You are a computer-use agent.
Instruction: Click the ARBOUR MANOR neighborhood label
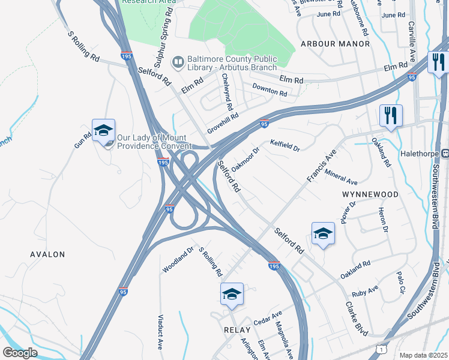(x=335, y=44)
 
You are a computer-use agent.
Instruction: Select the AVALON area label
(x=47, y=254)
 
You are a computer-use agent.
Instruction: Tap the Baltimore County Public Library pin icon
(x=178, y=62)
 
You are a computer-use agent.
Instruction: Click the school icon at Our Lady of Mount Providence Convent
(x=103, y=130)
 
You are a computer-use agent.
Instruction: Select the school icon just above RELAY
(x=232, y=294)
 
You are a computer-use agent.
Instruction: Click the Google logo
(x=20, y=353)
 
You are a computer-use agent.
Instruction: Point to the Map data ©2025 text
(x=423, y=355)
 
